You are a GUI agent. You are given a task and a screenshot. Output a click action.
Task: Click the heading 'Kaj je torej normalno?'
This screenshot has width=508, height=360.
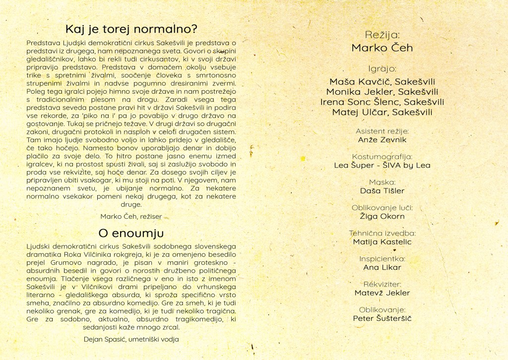point(131,28)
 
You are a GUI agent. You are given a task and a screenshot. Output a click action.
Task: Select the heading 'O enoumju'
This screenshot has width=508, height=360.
point(131,233)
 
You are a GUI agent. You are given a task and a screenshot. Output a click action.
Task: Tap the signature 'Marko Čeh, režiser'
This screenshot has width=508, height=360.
point(131,216)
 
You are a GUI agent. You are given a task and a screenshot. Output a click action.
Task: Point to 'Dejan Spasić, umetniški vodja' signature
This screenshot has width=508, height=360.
point(131,339)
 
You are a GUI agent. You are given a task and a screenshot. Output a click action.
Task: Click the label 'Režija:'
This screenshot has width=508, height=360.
point(382,35)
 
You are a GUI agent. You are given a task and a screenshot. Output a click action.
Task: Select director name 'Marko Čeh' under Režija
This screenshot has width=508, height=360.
point(382,48)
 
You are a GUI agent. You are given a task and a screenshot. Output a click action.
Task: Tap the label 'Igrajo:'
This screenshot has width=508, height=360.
point(382,69)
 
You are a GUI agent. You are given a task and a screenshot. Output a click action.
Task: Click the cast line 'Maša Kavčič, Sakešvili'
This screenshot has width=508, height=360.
point(382,81)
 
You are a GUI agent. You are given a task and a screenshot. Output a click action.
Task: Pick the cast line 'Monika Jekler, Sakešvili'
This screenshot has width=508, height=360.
point(382,92)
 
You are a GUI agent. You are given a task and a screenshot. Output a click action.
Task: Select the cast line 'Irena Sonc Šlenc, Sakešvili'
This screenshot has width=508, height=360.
point(382,102)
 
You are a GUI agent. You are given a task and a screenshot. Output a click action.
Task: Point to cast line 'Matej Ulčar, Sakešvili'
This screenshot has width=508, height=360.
point(382,113)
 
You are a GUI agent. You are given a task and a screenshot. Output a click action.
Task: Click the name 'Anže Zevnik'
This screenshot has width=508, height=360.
point(382,140)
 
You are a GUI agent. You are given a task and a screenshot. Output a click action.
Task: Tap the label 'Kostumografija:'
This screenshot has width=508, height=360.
point(382,157)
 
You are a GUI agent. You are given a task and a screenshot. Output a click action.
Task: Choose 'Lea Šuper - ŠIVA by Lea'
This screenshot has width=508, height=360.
point(382,165)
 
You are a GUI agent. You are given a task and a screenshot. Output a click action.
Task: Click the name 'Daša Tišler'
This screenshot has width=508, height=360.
point(382,191)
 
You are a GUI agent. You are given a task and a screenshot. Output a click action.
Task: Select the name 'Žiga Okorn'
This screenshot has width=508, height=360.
point(382,216)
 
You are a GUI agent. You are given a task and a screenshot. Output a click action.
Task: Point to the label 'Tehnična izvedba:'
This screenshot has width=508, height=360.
point(382,233)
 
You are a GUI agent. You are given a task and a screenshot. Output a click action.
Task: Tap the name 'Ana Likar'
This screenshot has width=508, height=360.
point(382,267)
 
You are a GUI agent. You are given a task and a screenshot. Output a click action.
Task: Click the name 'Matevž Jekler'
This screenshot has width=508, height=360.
point(382,293)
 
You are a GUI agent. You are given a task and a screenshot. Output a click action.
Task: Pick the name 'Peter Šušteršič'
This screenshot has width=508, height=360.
point(382,318)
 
